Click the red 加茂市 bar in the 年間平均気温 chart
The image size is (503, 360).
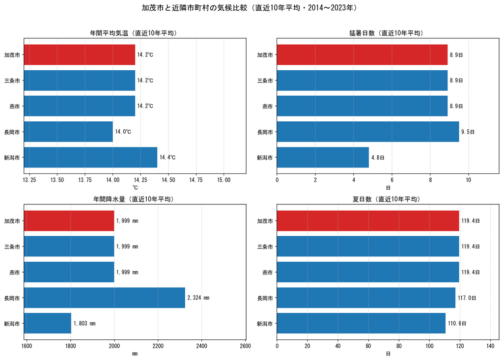coord(80,55)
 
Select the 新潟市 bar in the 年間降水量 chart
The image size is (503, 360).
coord(48,324)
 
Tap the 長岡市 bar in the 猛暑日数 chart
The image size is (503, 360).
coord(368,132)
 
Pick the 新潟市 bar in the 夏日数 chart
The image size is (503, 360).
coord(361,324)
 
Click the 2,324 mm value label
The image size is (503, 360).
coord(198,298)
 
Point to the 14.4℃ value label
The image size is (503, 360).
coord(168,157)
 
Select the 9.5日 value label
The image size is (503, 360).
coord(468,132)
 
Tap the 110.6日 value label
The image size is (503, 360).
coord(457,324)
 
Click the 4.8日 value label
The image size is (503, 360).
coord(378,158)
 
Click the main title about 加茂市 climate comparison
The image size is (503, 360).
coord(250,8)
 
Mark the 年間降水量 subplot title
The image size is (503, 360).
coord(134,199)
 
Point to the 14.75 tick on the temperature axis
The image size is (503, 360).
coord(196,180)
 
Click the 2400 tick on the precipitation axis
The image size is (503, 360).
coord(201,346)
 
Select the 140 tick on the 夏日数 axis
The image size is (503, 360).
coord(490,346)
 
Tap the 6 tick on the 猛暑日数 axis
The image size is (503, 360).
coord(391,180)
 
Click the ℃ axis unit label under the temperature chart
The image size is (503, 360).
coord(135,188)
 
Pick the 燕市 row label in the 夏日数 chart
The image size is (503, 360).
coord(268,273)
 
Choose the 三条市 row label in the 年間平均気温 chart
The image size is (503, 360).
coord(12,81)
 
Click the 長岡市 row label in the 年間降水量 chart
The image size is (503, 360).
coord(12,298)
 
